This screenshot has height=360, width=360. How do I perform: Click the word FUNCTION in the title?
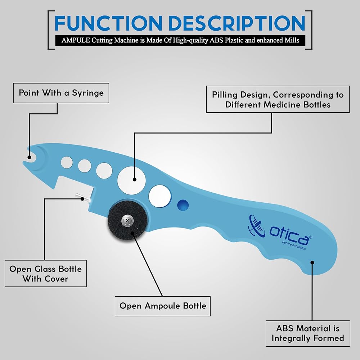tap(108, 23)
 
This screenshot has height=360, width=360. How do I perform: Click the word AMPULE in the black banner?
tap(76, 40)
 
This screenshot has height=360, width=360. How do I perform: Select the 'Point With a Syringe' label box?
tap(61, 93)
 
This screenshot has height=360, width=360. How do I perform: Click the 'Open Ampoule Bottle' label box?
tap(163, 306)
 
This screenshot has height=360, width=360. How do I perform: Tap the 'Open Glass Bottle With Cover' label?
tap(46, 274)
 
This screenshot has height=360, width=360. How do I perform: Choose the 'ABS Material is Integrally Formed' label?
tap(308, 333)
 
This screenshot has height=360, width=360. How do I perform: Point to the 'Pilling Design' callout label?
tap(278, 99)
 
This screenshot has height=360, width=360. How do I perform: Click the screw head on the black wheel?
tap(127, 221)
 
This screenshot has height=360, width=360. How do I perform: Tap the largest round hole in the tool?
tap(131, 180)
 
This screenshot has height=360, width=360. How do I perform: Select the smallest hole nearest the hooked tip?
tap(67, 163)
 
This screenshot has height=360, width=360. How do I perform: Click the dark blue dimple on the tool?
tap(183, 205)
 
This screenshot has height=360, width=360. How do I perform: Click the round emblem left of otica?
tap(256, 225)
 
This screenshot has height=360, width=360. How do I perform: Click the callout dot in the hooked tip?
tap(29, 157)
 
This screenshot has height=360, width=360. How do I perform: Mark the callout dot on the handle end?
tap(312, 263)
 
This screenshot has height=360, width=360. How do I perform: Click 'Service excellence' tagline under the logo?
tap(294, 245)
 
